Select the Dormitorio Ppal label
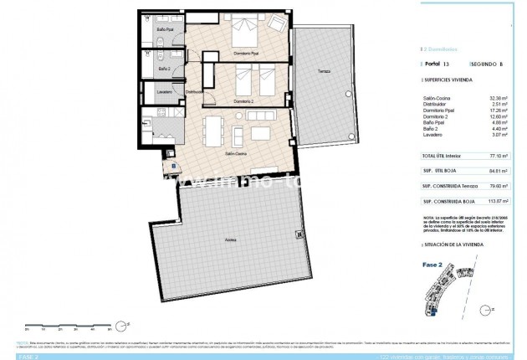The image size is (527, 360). (x=247, y=54)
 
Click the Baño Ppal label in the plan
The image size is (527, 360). (x=165, y=31)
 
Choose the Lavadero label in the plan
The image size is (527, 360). (x=165, y=92)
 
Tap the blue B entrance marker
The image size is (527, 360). (x=174, y=165)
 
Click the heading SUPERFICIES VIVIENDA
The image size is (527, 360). (x=453, y=82)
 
